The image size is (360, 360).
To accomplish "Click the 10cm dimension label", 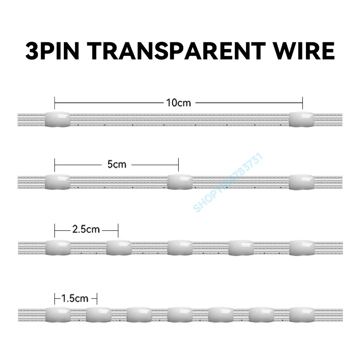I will tap(179, 103).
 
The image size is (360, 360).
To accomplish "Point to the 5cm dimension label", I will tap(117, 164).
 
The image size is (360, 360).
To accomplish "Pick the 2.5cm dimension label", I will tap(86, 229).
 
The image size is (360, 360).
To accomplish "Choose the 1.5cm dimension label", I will tap(75, 298).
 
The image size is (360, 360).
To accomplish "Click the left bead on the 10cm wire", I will tap(58, 119).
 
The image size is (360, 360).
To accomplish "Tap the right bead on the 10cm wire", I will tap(301, 119).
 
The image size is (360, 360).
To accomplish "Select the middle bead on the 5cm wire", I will tap(180, 181).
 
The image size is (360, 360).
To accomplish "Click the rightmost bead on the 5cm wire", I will tap(301, 181).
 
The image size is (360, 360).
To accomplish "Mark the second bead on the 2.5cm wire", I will tap(119, 247).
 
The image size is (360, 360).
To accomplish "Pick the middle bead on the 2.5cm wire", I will tap(180, 247).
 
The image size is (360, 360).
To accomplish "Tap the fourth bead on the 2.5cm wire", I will tap(241, 247).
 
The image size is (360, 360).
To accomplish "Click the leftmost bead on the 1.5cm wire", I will tap(58, 315).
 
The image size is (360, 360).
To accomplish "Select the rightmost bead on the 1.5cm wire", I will tap(301, 315).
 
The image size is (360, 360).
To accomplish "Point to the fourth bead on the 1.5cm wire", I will tap(180, 315).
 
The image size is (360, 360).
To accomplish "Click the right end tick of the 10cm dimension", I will tap(302, 103).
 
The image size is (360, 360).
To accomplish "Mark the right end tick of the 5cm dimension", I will tap(179, 164).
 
